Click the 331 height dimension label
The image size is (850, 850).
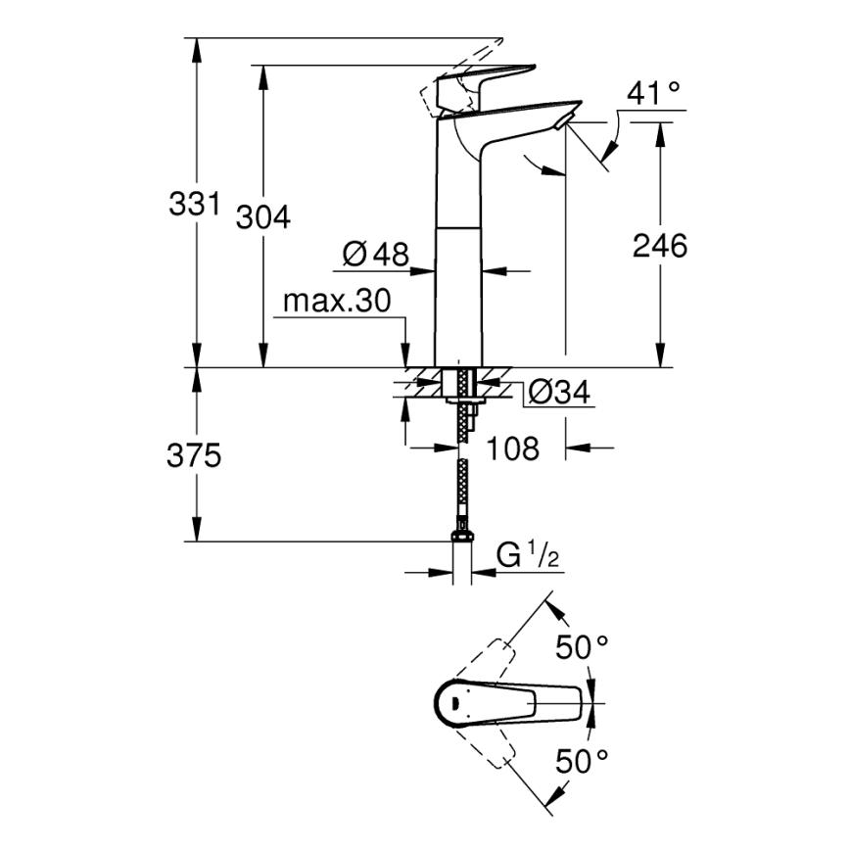pyautogui.click(x=193, y=206)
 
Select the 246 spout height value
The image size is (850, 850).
pyautogui.click(x=659, y=245)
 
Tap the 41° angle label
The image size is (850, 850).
pyautogui.click(x=653, y=94)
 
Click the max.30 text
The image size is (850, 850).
pyautogui.click(x=337, y=301)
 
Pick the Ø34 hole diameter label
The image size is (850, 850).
pyautogui.click(x=558, y=393)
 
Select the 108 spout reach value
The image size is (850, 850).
pyautogui.click(x=513, y=449)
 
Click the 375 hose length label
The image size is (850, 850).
pyautogui.click(x=194, y=455)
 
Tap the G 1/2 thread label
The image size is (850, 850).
pyautogui.click(x=527, y=556)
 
